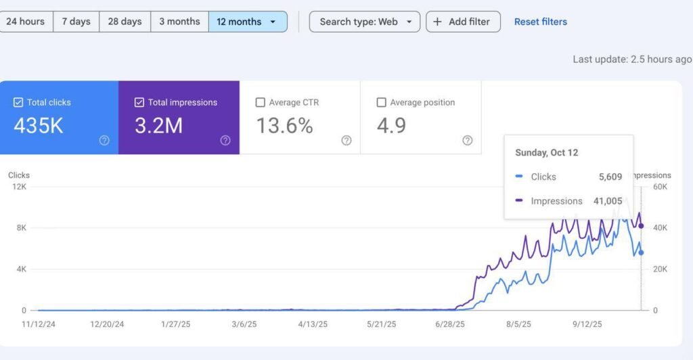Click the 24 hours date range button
(26, 22)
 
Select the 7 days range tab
(76, 22)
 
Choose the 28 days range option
(125, 22)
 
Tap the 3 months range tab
(179, 22)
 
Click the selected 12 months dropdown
(247, 22)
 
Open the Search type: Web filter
(365, 22)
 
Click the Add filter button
(464, 22)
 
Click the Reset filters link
(540, 22)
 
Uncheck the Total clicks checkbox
(18, 103)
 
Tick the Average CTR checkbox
(261, 103)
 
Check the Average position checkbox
(381, 103)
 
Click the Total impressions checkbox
(139, 103)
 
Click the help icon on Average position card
(467, 141)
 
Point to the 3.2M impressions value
(158, 126)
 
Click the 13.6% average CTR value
(284, 126)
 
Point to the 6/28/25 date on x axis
(450, 324)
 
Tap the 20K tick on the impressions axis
(659, 269)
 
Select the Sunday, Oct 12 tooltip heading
(546, 153)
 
